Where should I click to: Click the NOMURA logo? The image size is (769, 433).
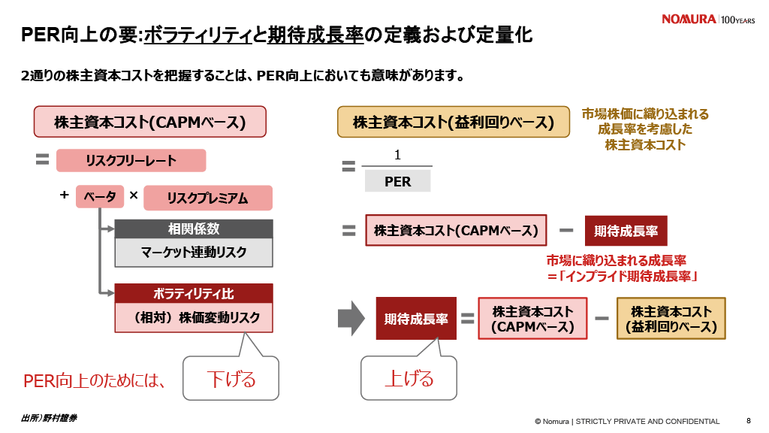[x=689, y=20]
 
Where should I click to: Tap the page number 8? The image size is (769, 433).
[x=748, y=421]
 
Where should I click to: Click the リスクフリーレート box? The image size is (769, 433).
[x=131, y=161]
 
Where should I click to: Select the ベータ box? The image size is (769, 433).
[x=99, y=197]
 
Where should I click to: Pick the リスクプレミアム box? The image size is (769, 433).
[x=207, y=198]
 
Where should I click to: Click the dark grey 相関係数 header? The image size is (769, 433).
[x=193, y=229]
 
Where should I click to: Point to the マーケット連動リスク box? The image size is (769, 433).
[x=193, y=253]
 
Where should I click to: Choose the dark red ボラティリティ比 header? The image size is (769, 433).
[x=193, y=293]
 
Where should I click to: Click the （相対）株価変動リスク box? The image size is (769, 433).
[x=193, y=317]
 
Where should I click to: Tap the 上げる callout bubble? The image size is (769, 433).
[x=409, y=378]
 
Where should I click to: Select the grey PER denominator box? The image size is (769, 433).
[x=397, y=181]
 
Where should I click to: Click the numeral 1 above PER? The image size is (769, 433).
[x=397, y=155]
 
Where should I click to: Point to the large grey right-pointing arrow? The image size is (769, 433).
[x=351, y=318]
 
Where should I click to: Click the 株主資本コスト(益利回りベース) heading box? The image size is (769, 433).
[x=453, y=122]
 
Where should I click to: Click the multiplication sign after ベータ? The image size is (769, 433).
[x=134, y=195]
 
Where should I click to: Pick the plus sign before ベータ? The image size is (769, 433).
[x=65, y=195]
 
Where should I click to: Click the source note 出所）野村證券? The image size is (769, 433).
[x=49, y=417]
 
